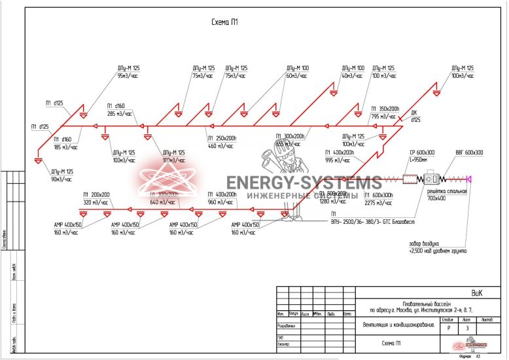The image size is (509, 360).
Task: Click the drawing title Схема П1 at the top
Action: (x=224, y=22)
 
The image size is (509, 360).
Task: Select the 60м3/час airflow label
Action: (x=297, y=76)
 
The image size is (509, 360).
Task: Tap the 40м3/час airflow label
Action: (x=352, y=76)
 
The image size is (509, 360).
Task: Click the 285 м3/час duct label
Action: (x=120, y=113)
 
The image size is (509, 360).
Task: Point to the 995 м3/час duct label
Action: (x=338, y=160)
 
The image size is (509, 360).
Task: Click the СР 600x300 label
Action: (x=422, y=153)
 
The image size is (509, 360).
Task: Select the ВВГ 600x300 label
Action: (x=469, y=153)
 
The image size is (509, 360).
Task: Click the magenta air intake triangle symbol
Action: (x=470, y=177)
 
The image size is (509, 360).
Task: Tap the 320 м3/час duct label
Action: (x=96, y=202)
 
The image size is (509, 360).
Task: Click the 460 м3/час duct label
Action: (x=221, y=145)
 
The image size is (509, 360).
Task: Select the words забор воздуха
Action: (x=429, y=243)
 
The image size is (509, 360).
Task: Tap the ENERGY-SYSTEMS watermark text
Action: (x=304, y=183)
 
